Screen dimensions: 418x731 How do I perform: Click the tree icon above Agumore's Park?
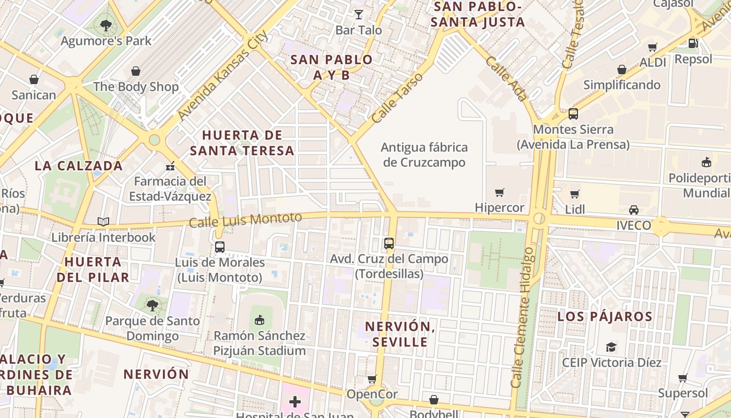(106, 25)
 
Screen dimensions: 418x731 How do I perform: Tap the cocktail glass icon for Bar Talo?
(359, 14)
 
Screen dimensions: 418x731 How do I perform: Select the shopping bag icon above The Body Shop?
(136, 71)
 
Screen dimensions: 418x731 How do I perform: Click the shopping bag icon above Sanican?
(34, 79)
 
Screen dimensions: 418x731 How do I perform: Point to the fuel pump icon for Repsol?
(693, 43)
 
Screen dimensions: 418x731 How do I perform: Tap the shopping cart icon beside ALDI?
(652, 48)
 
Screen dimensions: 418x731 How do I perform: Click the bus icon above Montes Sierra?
(573, 113)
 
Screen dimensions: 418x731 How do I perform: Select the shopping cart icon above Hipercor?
(500, 192)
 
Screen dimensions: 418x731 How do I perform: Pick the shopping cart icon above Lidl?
(575, 194)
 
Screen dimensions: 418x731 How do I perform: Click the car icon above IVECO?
(634, 210)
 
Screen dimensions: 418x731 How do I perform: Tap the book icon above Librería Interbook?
(103, 222)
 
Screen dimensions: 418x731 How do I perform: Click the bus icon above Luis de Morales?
(220, 247)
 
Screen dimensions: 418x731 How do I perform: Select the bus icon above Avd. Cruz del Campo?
(389, 243)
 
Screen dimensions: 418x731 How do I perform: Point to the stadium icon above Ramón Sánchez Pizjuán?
(260, 320)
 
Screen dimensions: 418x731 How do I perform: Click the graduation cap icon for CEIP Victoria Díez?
(611, 347)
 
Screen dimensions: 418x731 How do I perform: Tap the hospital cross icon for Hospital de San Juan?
(295, 402)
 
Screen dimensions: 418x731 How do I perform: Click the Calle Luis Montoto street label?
(245, 220)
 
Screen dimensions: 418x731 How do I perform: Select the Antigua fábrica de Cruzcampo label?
(424, 155)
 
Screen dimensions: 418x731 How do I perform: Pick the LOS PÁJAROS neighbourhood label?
(605, 317)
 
